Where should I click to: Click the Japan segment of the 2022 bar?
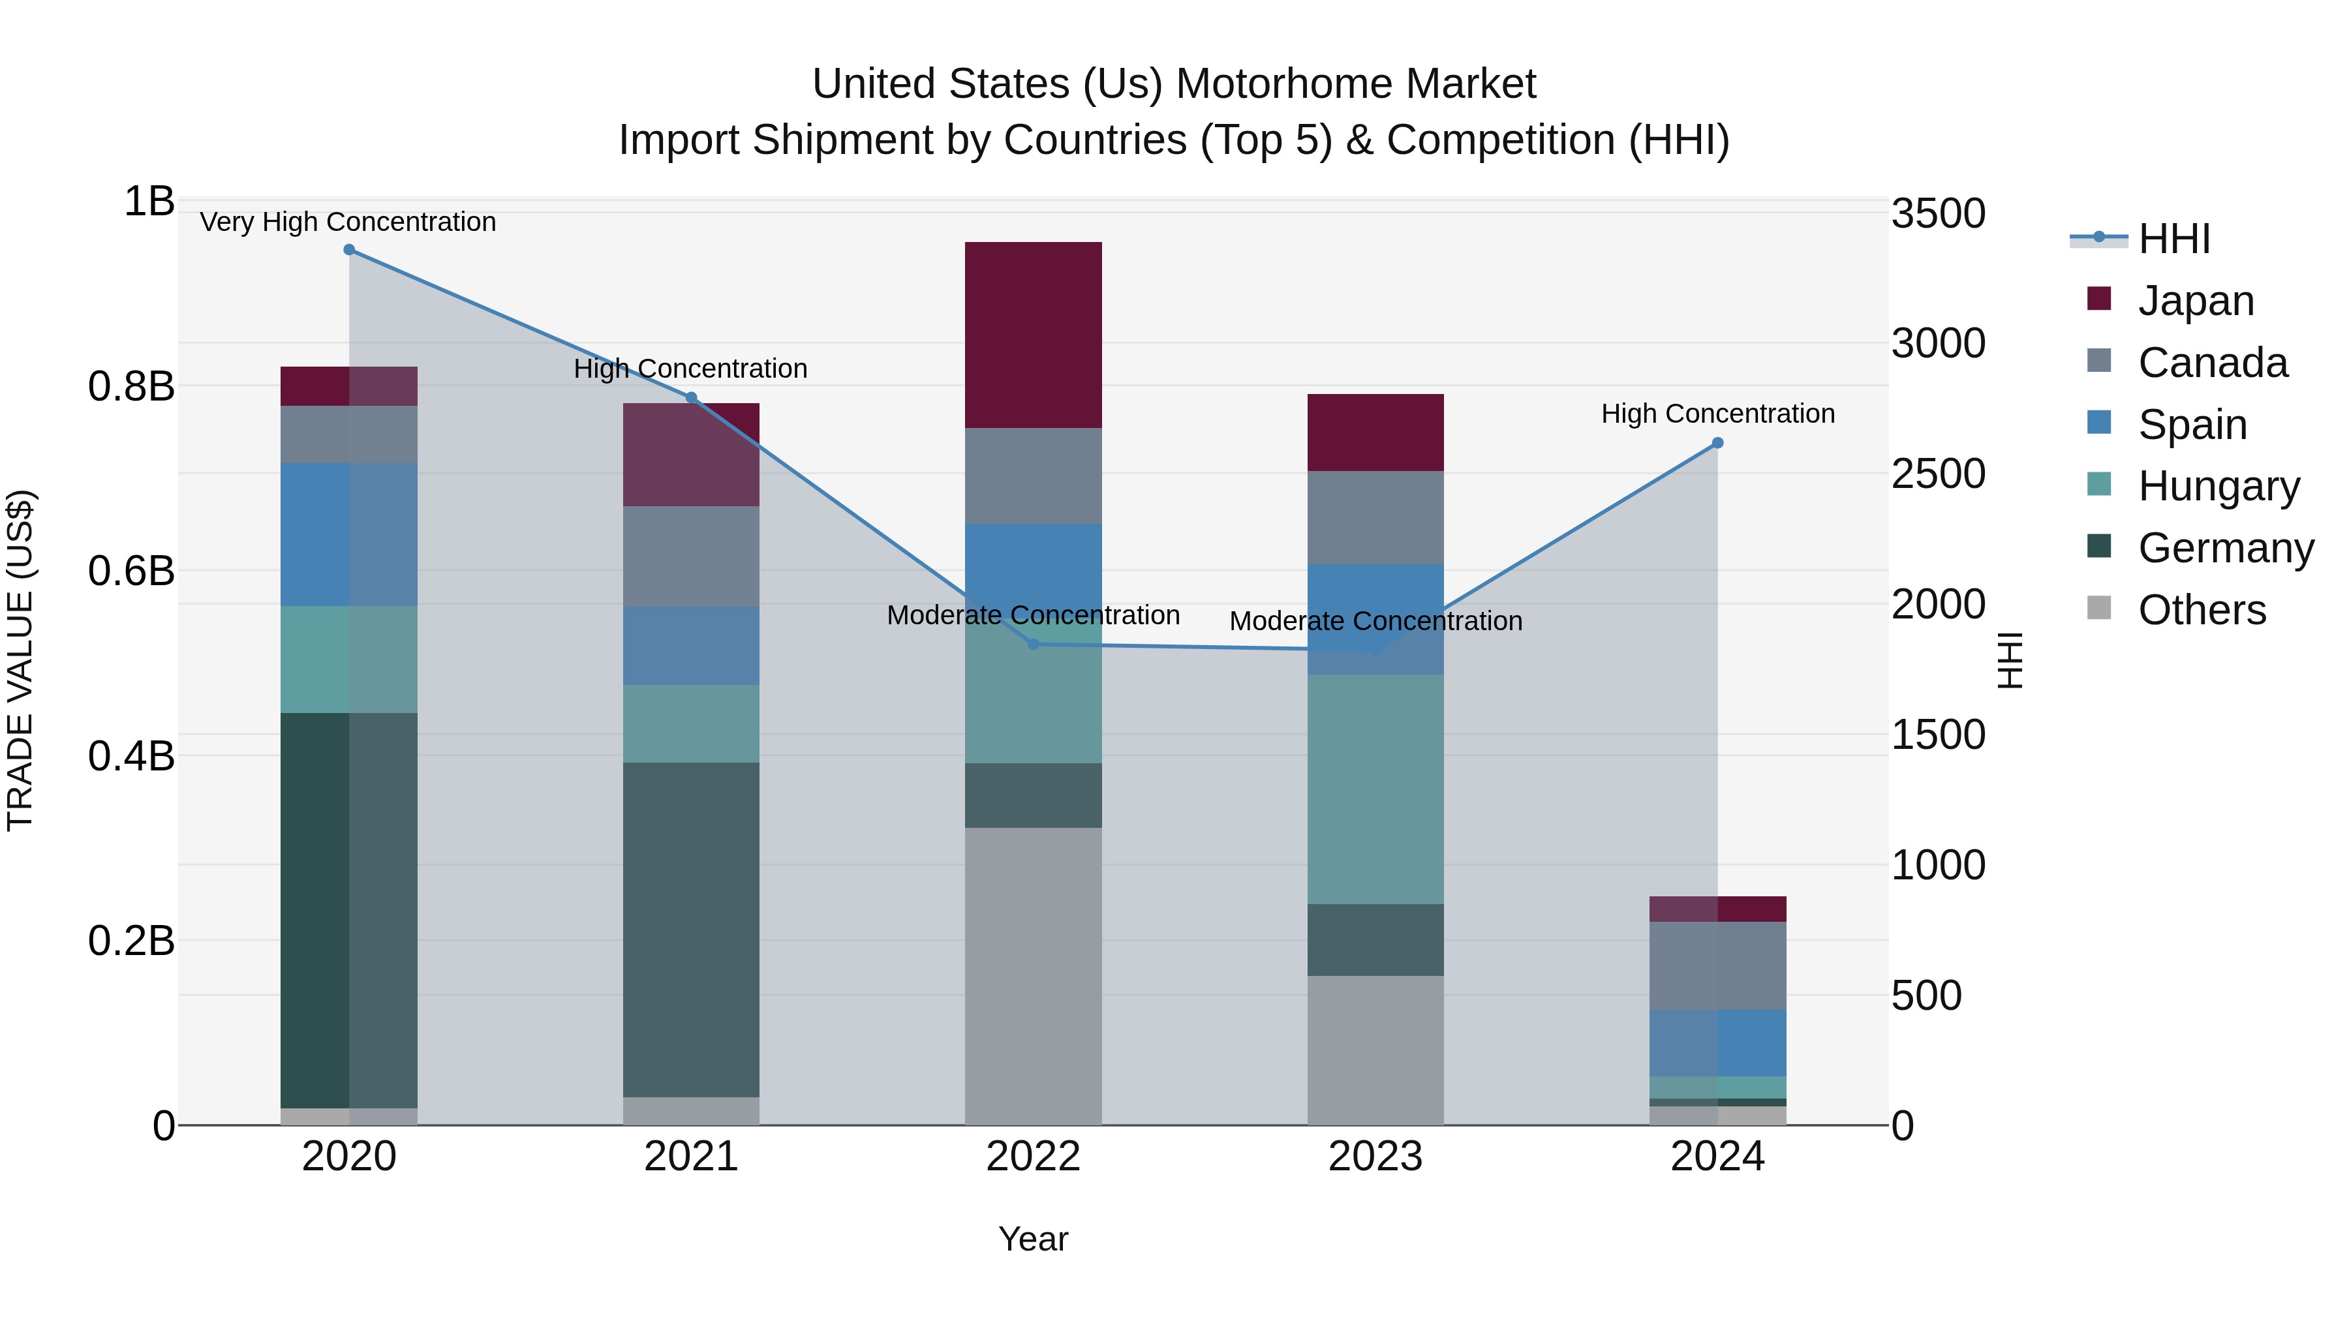(x=1033, y=335)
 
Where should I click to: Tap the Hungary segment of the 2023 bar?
(x=1375, y=789)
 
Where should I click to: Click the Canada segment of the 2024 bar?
(x=1717, y=965)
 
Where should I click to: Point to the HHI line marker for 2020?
(x=348, y=250)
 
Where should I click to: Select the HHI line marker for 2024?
(x=1717, y=443)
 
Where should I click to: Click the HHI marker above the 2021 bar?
(x=691, y=397)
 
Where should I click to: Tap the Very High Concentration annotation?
(x=347, y=222)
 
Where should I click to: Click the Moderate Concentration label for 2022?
(x=1033, y=615)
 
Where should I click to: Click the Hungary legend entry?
(x=2218, y=486)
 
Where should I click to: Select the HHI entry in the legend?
(x=2173, y=239)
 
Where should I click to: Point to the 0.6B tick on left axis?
(x=131, y=571)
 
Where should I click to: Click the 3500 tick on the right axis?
(x=1938, y=214)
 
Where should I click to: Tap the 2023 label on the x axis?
(x=1375, y=1157)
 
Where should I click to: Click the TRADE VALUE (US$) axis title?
(x=20, y=660)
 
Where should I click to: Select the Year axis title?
(x=1033, y=1239)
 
